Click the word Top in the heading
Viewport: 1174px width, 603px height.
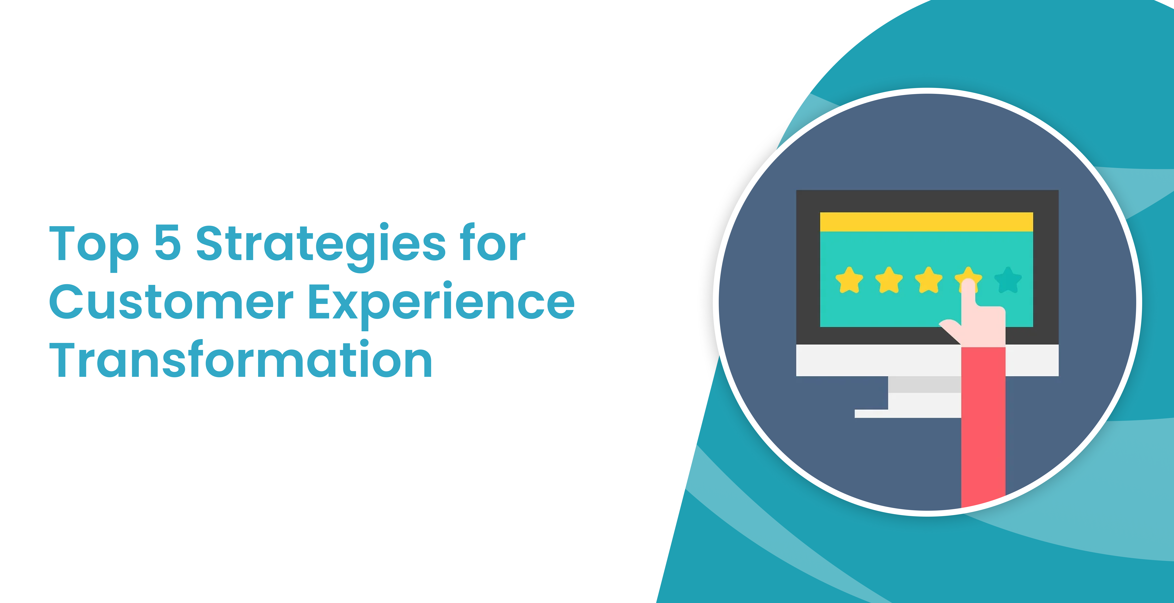[x=93, y=245]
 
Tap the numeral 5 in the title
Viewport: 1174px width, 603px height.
[x=168, y=243]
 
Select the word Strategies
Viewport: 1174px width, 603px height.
[x=320, y=245]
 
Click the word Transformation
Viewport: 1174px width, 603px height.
[x=241, y=360]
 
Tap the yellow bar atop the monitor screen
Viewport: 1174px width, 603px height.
[x=926, y=222]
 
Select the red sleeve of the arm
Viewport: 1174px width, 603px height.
[x=983, y=423]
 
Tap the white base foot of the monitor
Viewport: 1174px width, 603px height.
[x=907, y=413]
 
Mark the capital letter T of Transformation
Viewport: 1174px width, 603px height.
[x=64, y=360]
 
